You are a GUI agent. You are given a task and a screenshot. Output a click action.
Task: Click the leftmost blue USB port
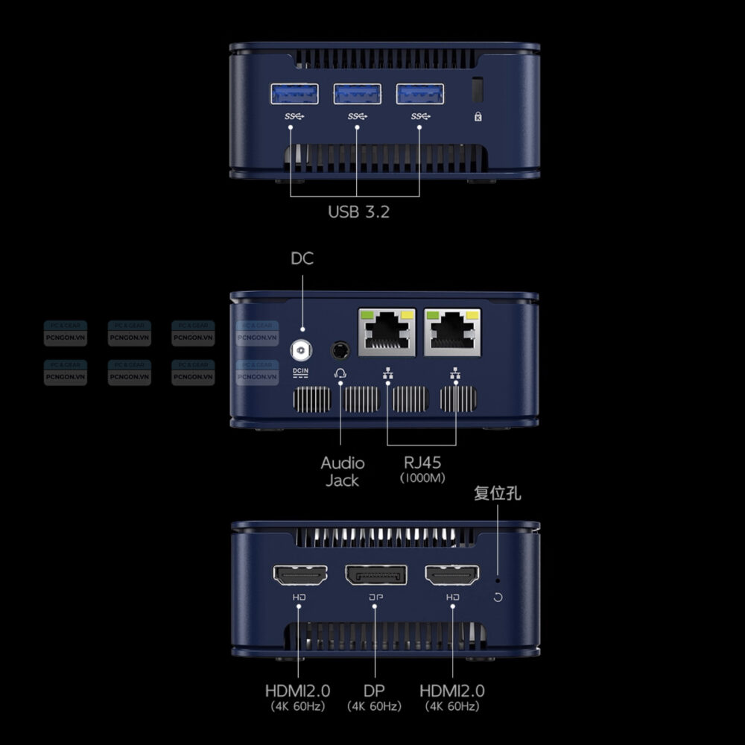click(x=294, y=94)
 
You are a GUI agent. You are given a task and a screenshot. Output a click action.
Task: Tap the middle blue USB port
click(x=357, y=94)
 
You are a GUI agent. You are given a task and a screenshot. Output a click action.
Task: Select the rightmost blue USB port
click(x=420, y=94)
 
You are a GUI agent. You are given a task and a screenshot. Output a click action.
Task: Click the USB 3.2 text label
click(x=358, y=212)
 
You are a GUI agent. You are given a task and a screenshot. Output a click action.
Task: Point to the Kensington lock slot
click(x=478, y=89)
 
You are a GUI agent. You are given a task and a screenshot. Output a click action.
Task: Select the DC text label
click(x=302, y=259)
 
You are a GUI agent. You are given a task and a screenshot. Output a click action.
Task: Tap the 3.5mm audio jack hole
click(x=340, y=349)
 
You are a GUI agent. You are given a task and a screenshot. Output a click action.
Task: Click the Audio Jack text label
click(x=342, y=472)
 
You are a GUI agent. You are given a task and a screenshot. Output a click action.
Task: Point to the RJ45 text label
click(x=422, y=463)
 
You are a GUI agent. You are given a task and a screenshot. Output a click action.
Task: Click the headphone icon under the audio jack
click(x=340, y=372)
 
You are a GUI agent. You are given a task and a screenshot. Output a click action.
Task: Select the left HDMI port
click(x=299, y=574)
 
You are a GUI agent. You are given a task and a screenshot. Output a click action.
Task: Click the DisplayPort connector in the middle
click(x=375, y=574)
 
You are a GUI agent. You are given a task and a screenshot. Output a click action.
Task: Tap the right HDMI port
click(x=452, y=574)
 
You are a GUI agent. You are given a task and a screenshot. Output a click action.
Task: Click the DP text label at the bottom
click(x=375, y=691)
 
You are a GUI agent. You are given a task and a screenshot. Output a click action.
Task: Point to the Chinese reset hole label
click(x=497, y=494)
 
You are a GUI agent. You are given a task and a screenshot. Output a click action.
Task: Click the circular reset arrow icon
click(x=498, y=597)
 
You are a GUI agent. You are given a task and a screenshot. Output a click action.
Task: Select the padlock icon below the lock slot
click(x=478, y=116)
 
